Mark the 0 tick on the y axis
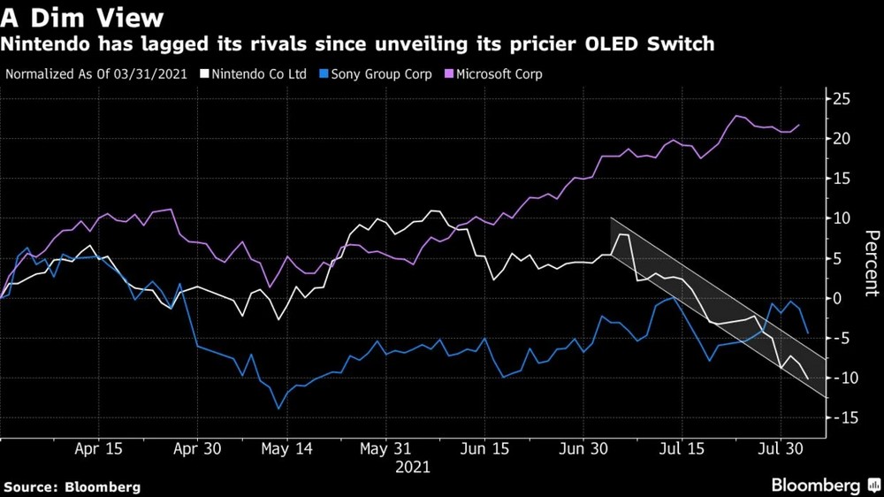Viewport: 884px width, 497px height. (841, 298)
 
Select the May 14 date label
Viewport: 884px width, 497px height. (287, 449)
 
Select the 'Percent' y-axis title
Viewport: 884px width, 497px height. (871, 263)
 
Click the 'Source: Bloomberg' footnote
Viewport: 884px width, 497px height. (72, 486)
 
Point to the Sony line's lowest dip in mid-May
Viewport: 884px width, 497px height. (278, 409)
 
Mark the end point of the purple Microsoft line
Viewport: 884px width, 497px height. (799, 125)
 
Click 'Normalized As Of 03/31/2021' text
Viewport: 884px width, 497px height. (96, 74)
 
